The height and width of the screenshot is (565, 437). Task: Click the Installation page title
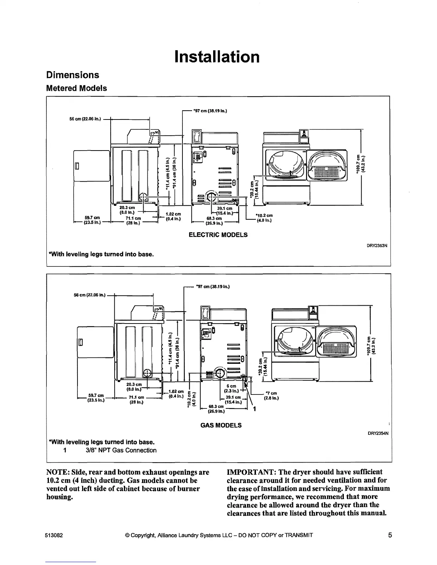click(x=217, y=57)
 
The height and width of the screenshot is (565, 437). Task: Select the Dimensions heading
click(x=72, y=75)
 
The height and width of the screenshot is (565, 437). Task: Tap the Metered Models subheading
click(x=76, y=88)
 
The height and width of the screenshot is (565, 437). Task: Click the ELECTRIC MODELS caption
click(x=218, y=235)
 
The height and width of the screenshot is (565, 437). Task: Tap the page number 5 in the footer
click(x=390, y=535)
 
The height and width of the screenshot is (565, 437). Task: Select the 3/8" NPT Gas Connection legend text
click(x=121, y=450)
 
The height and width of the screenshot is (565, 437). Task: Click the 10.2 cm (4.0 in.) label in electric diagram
click(x=264, y=218)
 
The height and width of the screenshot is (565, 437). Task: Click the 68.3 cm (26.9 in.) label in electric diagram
click(x=214, y=221)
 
